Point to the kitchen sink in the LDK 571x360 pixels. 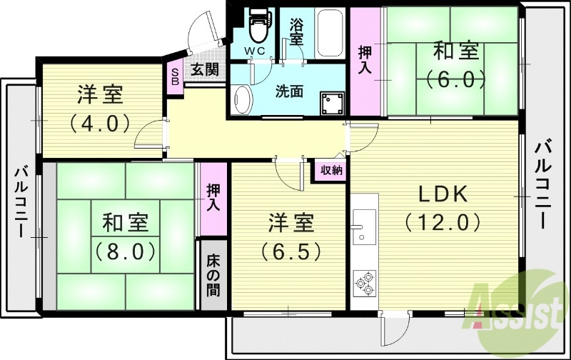tap(364, 226)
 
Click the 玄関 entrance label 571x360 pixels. tap(206, 70)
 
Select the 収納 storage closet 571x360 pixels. tap(330, 170)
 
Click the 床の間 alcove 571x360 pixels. tap(213, 275)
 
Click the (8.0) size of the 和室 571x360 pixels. tap(125, 251)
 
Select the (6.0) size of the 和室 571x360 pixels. tap(455, 79)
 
